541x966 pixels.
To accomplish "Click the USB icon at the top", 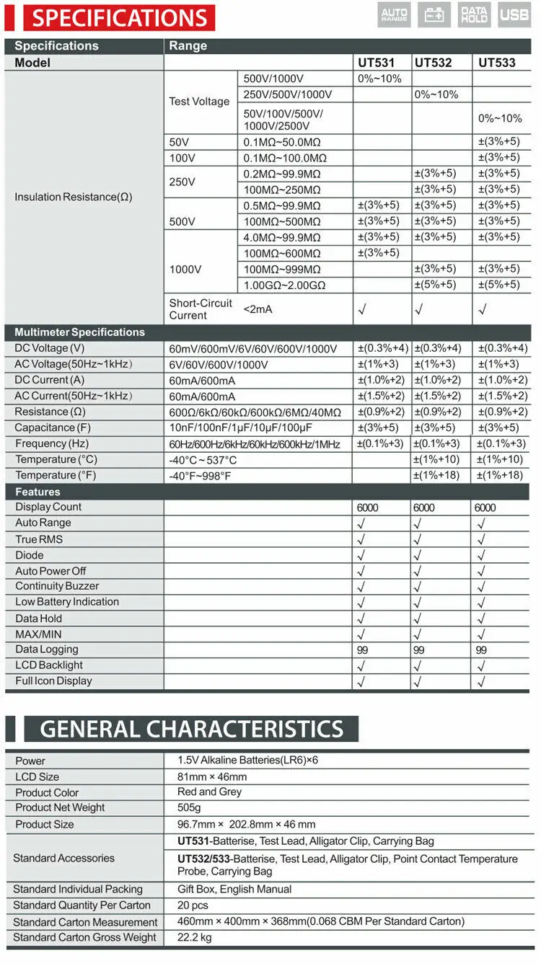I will pyautogui.click(x=514, y=14).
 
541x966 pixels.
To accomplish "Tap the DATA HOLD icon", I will pyautogui.click(x=474, y=14).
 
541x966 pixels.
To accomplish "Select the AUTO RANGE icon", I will pyautogui.click(x=394, y=14).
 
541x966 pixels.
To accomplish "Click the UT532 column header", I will pyautogui.click(x=433, y=63).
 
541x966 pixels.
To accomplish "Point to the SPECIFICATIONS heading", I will pyautogui.click(x=119, y=18).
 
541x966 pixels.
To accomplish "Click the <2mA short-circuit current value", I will pyautogui.click(x=259, y=309).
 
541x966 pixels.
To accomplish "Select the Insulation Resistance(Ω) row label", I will pyautogui.click(x=73, y=197).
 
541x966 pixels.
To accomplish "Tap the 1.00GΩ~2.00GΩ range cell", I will pyautogui.click(x=284, y=285).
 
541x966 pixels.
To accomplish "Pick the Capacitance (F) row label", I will pyautogui.click(x=53, y=428).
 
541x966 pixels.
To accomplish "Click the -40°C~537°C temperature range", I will pyautogui.click(x=203, y=460).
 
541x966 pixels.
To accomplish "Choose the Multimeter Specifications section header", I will pyautogui.click(x=79, y=332).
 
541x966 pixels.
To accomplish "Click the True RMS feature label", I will pyautogui.click(x=39, y=539).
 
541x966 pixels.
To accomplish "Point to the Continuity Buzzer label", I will pyautogui.click(x=57, y=586).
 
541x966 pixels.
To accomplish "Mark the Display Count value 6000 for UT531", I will pyautogui.click(x=368, y=508).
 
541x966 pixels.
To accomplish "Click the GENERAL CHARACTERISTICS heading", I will pyautogui.click(x=191, y=729).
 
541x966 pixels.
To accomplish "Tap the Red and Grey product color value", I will pyautogui.click(x=209, y=792).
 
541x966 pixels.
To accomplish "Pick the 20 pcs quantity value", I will pyautogui.click(x=193, y=905).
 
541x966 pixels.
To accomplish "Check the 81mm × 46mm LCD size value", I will pyautogui.click(x=212, y=776).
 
